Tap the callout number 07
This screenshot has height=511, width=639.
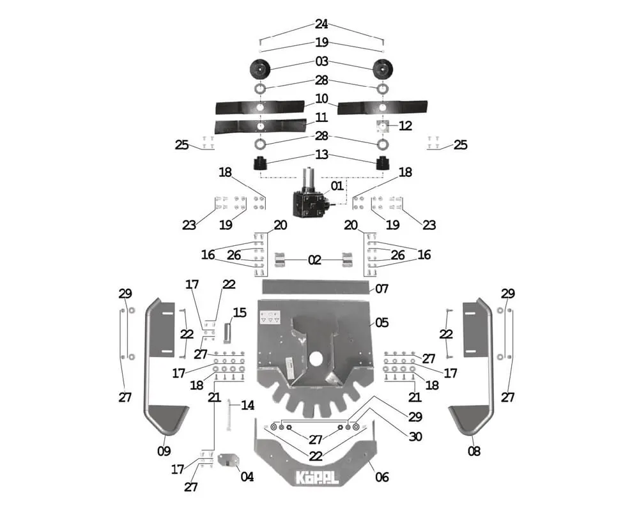(x=381, y=289)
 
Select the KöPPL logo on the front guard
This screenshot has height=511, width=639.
(x=316, y=478)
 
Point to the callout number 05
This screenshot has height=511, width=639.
(x=381, y=323)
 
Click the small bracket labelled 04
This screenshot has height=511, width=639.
(x=227, y=461)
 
